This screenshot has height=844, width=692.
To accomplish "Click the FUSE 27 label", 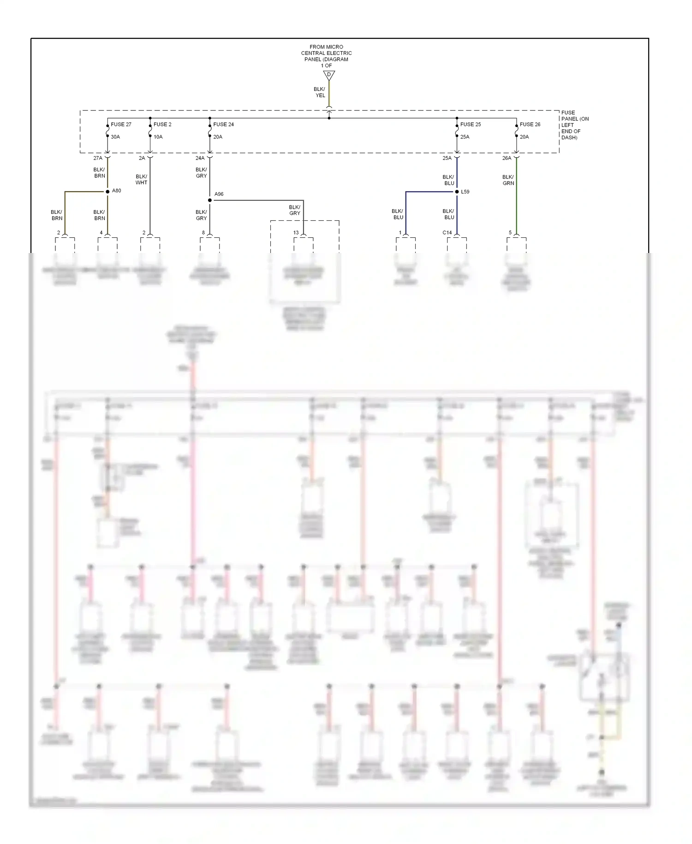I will (121, 124).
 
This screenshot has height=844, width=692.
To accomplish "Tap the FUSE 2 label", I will (162, 124).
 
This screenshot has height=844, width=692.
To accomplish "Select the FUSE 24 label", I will (223, 124).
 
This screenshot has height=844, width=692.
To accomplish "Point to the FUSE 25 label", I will (471, 124).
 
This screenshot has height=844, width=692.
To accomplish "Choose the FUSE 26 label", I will (530, 124).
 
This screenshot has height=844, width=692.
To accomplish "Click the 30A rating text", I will (115, 137).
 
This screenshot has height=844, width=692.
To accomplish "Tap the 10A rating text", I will (158, 137).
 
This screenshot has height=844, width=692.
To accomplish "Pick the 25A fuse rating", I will (465, 137).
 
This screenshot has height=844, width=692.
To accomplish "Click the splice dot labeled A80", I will (107, 191).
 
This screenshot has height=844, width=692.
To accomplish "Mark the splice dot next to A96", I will (210, 200).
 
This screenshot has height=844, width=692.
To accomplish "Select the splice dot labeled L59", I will (457, 192).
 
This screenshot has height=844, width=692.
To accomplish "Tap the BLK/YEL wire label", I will (320, 92).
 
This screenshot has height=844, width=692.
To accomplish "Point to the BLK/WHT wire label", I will (142, 180).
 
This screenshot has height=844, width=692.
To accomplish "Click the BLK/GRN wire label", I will (508, 180).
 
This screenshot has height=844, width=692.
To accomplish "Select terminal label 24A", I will (200, 158).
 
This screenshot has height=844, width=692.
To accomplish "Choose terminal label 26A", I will (507, 158).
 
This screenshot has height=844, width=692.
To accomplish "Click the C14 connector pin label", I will (447, 233).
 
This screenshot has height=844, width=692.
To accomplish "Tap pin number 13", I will (296, 233).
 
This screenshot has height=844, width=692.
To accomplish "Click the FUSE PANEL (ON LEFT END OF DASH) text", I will (575, 125).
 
